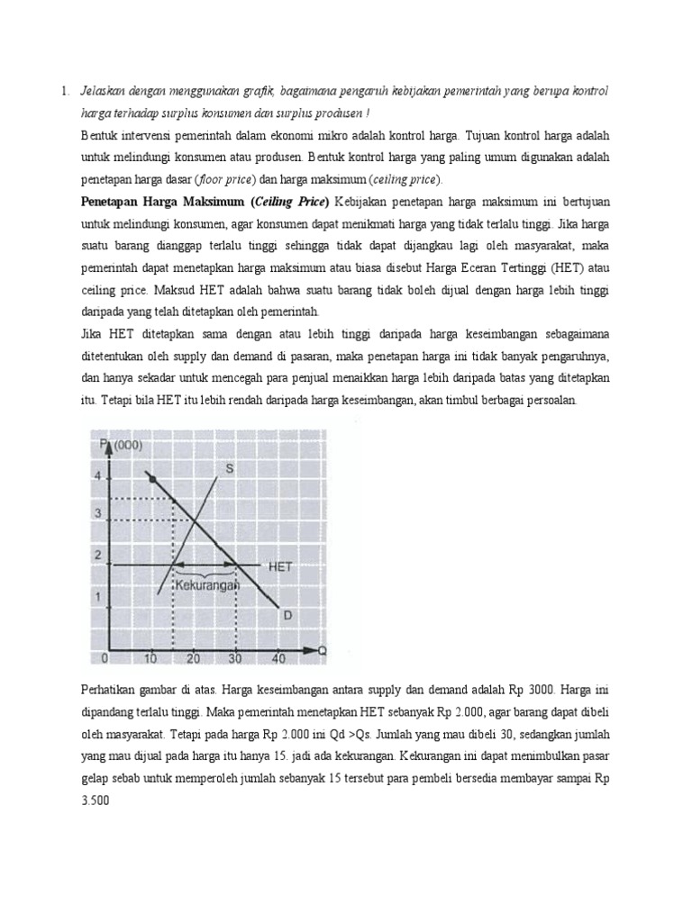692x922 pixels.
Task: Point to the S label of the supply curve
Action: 229,467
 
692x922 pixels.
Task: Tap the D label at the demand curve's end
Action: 287,615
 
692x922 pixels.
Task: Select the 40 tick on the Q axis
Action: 278,659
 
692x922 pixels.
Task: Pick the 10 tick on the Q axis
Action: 150,659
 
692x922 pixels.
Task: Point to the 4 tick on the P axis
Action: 98,475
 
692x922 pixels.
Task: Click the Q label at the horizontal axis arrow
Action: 322,651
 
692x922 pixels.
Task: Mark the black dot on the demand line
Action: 152,478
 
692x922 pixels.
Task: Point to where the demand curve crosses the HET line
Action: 236,565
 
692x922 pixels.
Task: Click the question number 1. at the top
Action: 65,92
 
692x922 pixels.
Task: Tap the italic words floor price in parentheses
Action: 228,178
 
